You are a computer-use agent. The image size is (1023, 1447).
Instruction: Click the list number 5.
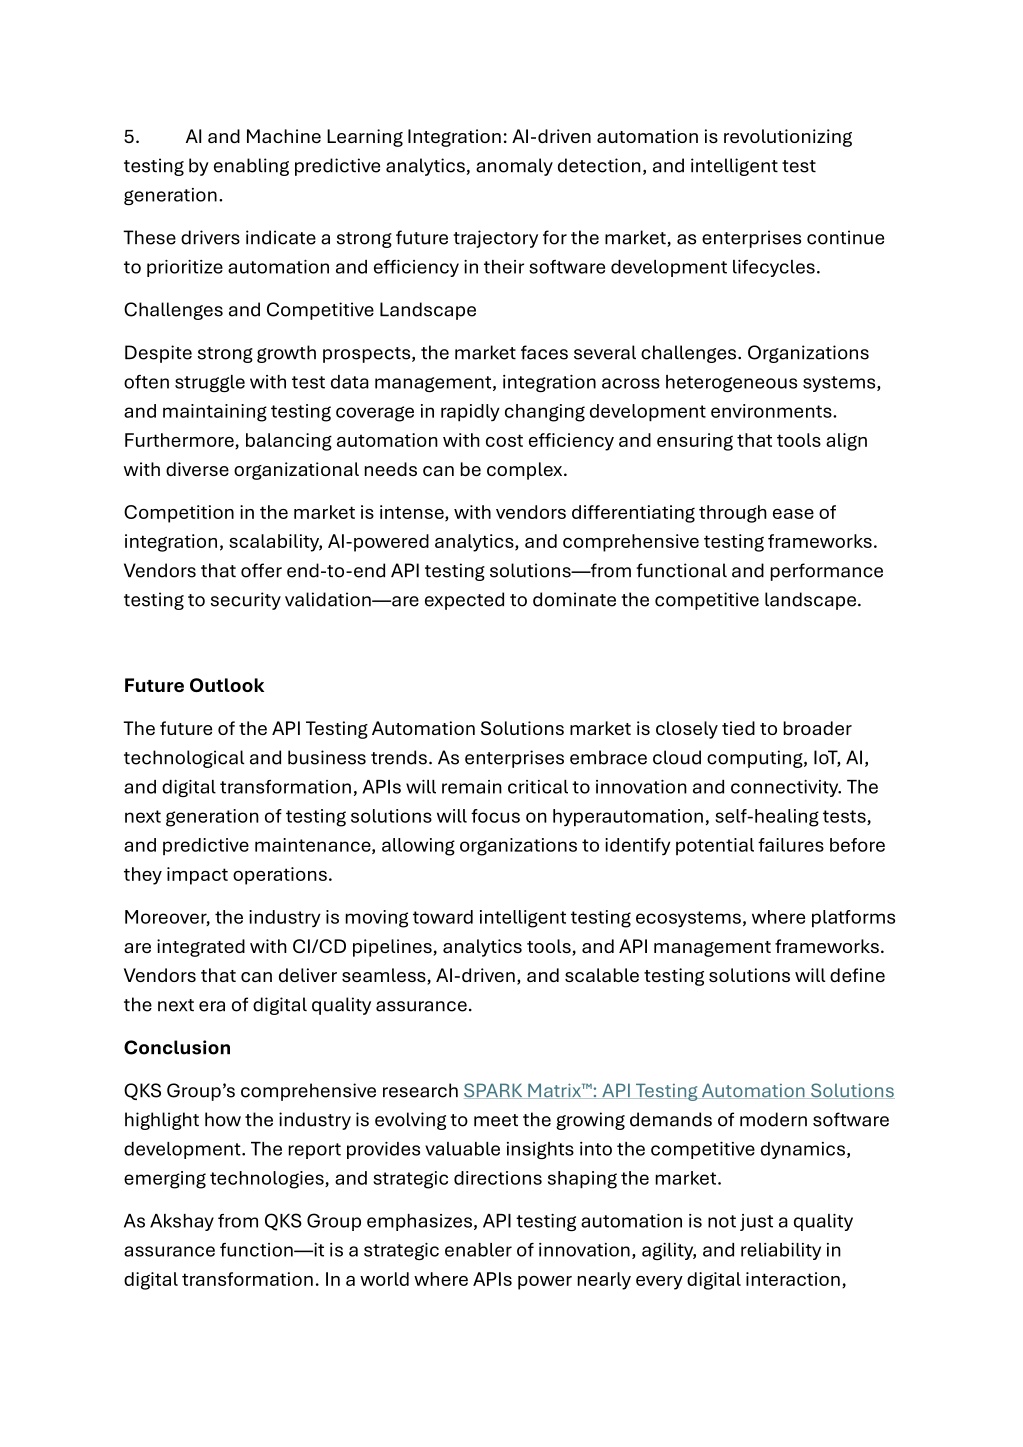[130, 137]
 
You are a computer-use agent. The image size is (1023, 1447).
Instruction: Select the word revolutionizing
[787, 137]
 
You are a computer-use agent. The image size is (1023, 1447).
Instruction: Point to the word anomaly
[512, 166]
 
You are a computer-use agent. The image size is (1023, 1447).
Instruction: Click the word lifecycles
[771, 267]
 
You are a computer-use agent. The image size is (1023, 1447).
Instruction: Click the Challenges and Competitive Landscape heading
[300, 310]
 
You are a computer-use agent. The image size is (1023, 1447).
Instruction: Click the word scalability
[275, 542]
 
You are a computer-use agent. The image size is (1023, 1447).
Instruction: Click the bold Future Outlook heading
[194, 686]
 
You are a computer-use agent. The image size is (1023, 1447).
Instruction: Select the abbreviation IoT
[813, 758]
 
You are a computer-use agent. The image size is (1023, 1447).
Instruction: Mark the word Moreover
[166, 918]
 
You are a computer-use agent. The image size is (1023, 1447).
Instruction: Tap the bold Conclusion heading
[177, 1048]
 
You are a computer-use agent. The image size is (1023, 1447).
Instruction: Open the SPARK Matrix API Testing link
[678, 1091]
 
